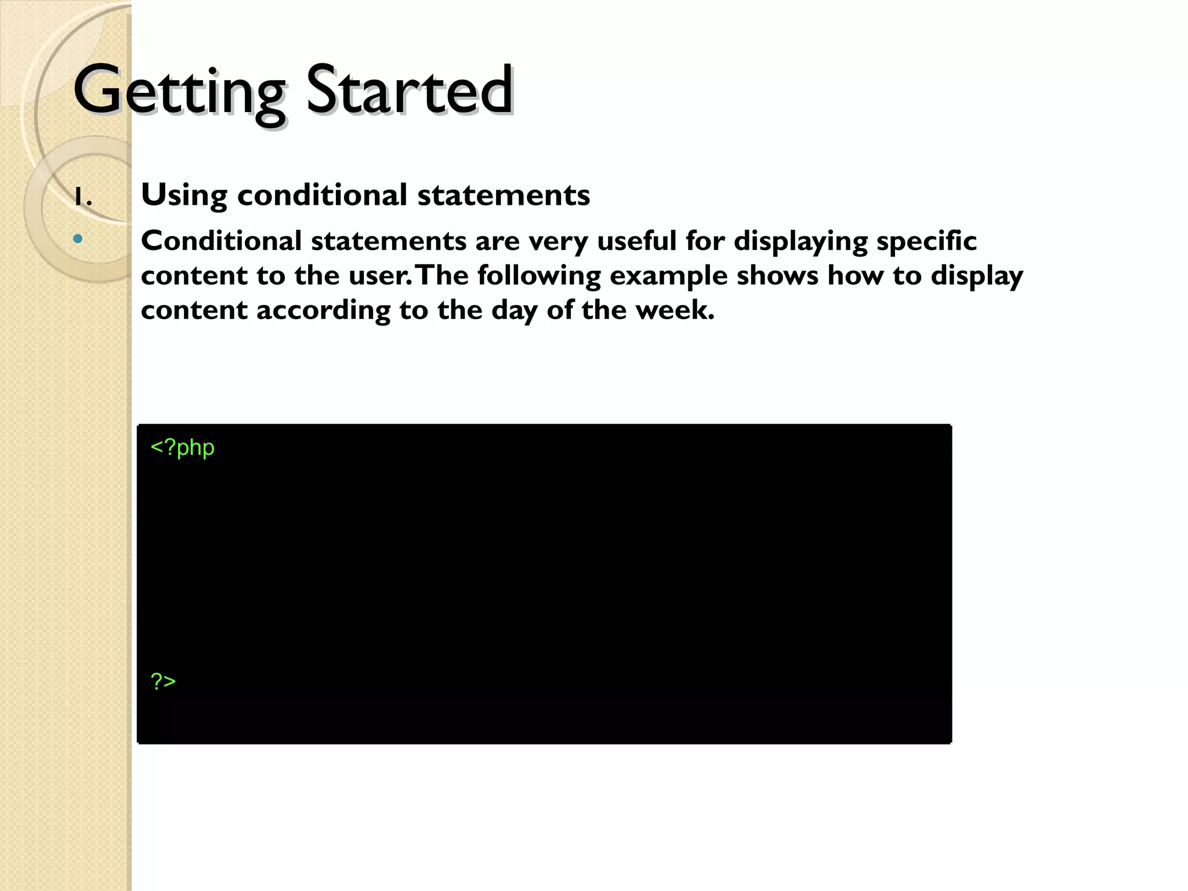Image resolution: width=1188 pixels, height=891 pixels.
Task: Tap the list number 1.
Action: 82,198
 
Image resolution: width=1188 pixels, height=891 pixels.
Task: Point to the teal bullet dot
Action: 78,238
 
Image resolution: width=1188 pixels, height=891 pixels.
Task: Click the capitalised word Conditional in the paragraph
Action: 221,241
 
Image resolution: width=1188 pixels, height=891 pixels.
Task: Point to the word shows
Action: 777,276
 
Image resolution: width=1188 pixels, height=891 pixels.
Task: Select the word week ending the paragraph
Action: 673,310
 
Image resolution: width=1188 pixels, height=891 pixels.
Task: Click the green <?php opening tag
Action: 182,448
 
